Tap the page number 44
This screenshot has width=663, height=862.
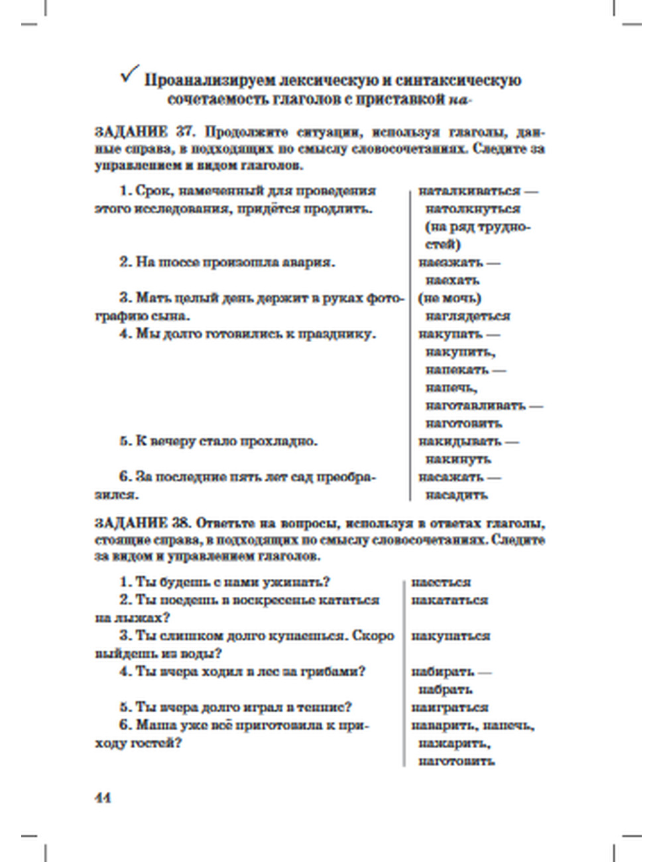click(x=103, y=798)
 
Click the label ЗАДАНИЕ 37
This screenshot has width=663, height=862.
click(x=137, y=131)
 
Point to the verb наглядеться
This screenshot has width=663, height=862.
click(x=467, y=316)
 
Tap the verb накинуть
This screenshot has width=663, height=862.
click(x=458, y=459)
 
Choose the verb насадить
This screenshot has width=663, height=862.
click(x=457, y=495)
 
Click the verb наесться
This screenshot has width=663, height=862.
click(x=441, y=583)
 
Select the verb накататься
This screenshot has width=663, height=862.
click(x=450, y=600)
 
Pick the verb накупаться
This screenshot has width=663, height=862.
click(x=451, y=636)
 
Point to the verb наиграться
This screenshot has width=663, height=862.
click(x=450, y=708)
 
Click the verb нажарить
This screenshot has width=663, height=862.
click(x=455, y=743)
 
